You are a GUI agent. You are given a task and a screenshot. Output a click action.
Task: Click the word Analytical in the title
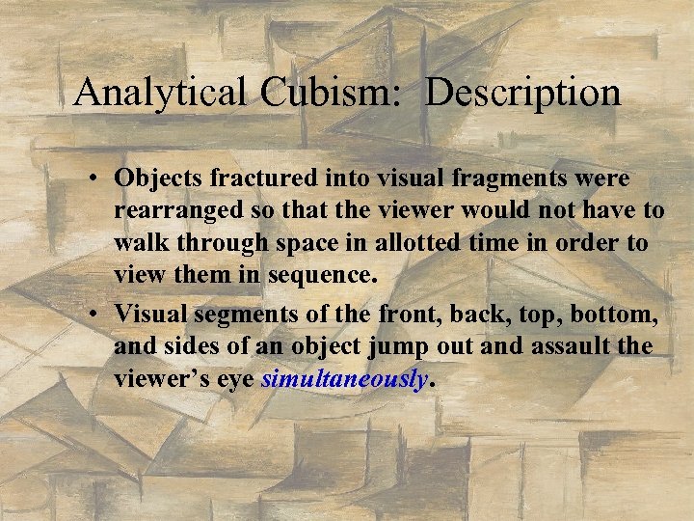pyautogui.click(x=160, y=93)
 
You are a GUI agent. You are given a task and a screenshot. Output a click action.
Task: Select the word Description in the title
pyautogui.click(x=523, y=93)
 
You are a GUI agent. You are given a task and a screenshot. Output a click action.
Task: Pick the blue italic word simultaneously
pyautogui.click(x=344, y=379)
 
